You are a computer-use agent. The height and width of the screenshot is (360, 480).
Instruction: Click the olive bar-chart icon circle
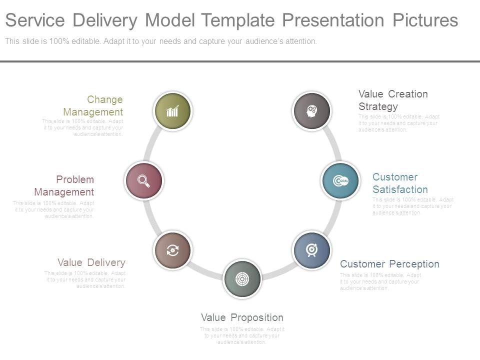[172, 111]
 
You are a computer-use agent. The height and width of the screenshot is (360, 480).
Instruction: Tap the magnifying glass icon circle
[144, 180]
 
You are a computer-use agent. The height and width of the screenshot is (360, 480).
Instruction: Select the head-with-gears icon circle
[312, 110]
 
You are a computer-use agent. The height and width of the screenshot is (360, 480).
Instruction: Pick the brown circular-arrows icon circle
[172, 250]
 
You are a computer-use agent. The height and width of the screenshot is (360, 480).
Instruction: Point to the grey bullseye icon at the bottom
[242, 278]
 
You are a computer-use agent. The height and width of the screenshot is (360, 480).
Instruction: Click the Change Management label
[93, 105]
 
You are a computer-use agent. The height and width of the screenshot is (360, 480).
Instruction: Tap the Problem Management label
[64, 185]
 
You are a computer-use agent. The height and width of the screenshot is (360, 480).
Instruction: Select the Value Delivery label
[91, 262]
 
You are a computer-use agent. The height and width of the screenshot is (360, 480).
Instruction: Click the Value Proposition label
[242, 317]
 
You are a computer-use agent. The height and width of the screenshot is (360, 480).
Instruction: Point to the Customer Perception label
[389, 264]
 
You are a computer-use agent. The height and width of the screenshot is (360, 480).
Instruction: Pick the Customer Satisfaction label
[400, 183]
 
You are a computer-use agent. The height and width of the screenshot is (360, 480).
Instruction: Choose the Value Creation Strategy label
[393, 100]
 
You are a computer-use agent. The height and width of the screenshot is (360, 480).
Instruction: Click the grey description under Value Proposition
[242, 335]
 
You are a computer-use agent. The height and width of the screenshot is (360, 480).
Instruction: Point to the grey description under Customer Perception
[380, 281]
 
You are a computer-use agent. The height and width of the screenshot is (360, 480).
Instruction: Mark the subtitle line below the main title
[161, 41]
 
